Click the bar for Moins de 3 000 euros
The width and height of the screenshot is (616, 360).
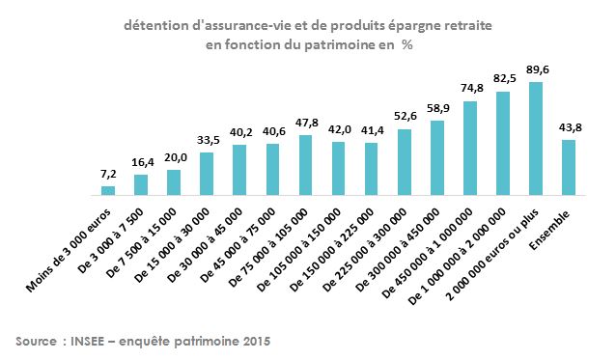pyautogui.click(x=108, y=190)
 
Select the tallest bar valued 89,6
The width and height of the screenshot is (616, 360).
pyautogui.click(x=535, y=138)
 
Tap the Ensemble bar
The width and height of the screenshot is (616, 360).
pyautogui.click(x=568, y=167)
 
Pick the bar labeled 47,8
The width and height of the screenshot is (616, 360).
pyautogui.click(x=305, y=165)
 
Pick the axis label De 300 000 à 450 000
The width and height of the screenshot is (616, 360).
pyautogui.click(x=400, y=241)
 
